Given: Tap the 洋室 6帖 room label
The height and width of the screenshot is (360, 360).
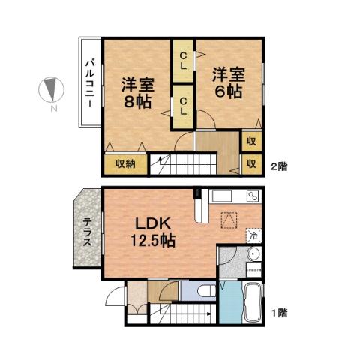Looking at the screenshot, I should click(x=227, y=82).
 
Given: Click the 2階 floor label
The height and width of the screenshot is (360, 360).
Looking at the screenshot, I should click(x=278, y=166).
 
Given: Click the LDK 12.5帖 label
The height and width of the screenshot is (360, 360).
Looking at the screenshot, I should click(x=154, y=232).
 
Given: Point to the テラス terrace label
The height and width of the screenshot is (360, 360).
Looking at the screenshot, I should click(x=88, y=233).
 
